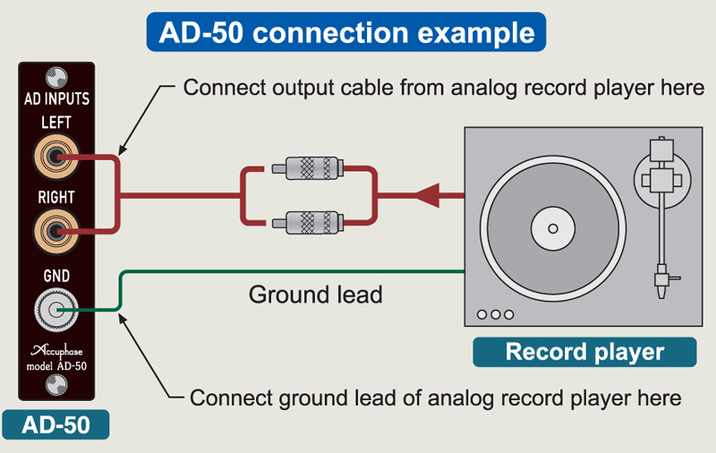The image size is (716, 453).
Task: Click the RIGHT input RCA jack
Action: (x=55, y=232)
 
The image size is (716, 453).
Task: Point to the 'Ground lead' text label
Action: (x=315, y=294)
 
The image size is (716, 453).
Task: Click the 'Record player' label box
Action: (x=584, y=351)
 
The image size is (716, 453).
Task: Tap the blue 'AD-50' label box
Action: (x=55, y=423)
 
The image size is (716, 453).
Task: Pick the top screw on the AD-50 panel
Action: (x=55, y=74)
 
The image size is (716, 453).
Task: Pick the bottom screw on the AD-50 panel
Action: (x=55, y=386)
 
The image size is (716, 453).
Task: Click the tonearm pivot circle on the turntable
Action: (x=663, y=175)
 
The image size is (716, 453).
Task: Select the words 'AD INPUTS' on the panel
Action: (x=55, y=98)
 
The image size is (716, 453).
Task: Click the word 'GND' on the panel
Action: (x=55, y=277)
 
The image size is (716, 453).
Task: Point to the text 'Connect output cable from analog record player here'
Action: (x=444, y=88)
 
